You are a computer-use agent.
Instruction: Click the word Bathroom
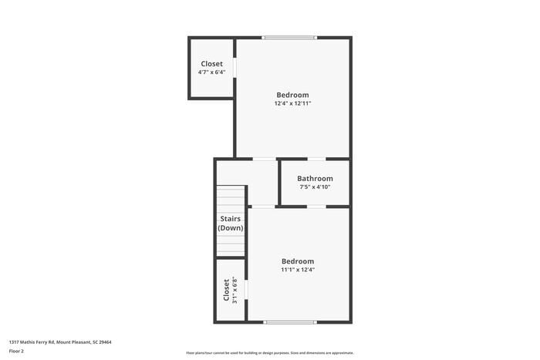click(315, 179)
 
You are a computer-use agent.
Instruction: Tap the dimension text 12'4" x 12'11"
click(293, 103)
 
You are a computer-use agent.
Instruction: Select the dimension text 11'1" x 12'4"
click(298, 270)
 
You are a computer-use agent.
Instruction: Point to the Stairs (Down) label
click(230, 224)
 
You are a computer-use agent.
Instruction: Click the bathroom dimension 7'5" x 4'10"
click(315, 187)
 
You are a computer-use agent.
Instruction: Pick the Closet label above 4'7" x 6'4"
click(211, 64)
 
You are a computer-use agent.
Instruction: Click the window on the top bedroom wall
click(289, 37)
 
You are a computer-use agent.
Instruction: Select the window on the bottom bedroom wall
click(290, 322)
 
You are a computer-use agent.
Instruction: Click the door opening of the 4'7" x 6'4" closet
click(235, 68)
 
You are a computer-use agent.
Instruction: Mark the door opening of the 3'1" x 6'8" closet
click(246, 290)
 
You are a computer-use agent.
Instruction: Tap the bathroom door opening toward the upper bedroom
click(316, 159)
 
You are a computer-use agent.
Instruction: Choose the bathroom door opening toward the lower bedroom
click(316, 207)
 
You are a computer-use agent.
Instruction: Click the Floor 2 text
click(16, 351)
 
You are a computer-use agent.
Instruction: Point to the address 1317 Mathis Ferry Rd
click(60, 341)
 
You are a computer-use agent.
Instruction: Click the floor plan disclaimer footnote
click(269, 352)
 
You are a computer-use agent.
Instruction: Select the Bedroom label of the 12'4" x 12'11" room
click(293, 95)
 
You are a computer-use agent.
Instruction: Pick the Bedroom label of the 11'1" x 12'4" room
click(298, 261)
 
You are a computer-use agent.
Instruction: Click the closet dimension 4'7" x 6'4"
click(211, 72)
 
